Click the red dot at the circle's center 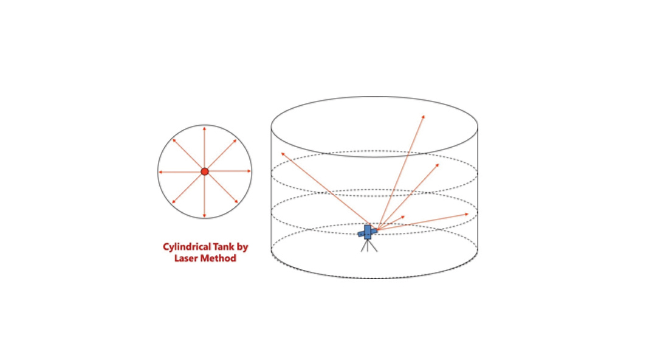205,171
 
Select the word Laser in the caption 187,258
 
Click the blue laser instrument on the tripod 368,232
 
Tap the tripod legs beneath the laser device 369,246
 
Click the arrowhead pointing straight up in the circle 204,130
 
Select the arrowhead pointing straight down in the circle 204,215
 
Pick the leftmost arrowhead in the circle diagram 161,172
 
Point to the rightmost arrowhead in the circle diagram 249,171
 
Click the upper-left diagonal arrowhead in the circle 174,141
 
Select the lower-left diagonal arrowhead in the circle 174,202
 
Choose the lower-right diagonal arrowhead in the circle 236,202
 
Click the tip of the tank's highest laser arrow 424,116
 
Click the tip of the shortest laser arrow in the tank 405,216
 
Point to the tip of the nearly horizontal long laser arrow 469,214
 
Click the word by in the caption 242,247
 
